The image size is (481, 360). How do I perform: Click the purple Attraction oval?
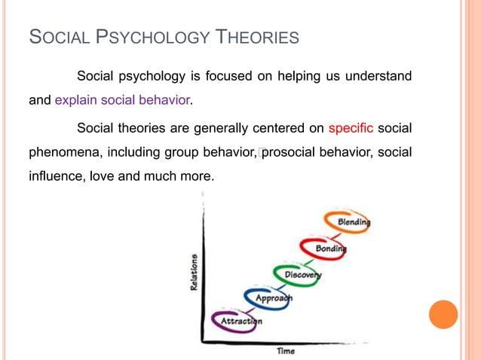(x=237, y=321)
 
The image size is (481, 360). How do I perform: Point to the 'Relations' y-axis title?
(x=194, y=273)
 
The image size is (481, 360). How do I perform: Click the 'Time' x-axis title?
(x=286, y=350)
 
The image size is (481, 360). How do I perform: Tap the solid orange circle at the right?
(x=443, y=315)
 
